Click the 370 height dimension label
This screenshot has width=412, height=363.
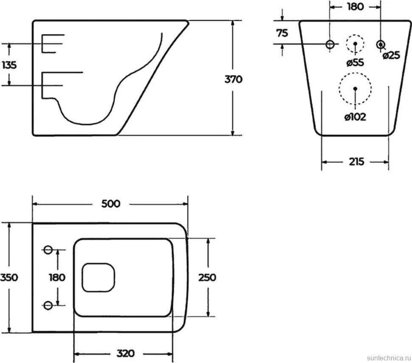tap(233, 79)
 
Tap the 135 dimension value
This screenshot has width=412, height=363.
tap(9, 65)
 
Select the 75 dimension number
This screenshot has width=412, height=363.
tap(282, 33)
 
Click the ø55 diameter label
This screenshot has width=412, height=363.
tap(355, 62)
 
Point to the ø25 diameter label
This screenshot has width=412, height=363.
tap(391, 56)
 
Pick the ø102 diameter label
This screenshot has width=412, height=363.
tap(355, 117)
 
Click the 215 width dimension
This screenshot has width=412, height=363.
tap(356, 162)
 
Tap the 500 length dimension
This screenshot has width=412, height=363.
tap(111, 204)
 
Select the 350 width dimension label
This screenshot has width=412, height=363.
tap(9, 278)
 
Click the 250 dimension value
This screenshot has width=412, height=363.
tap(207, 278)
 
